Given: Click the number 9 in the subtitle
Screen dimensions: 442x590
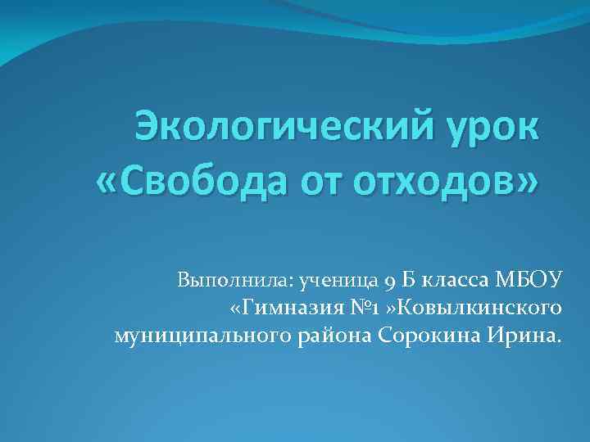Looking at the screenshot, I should coord(390,282).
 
